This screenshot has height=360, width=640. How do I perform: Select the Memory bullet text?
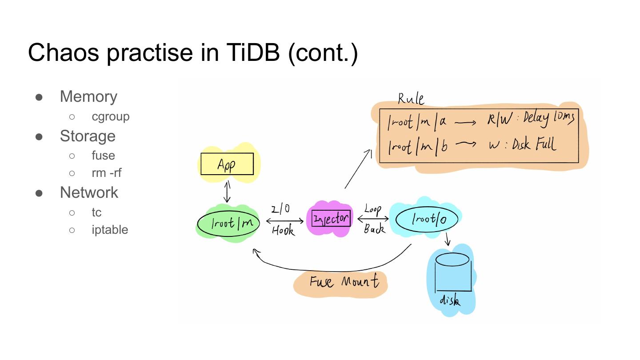pyautogui.click(x=88, y=96)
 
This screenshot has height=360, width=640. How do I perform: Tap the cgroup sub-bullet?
pyautogui.click(x=111, y=116)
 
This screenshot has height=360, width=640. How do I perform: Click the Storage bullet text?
pyautogui.click(x=88, y=136)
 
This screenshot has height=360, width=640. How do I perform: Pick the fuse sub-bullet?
pyautogui.click(x=103, y=156)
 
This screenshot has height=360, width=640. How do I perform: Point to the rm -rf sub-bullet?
pyautogui.click(x=106, y=173)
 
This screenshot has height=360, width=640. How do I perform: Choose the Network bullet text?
pyautogui.click(x=89, y=192)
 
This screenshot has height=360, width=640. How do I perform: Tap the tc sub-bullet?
pyautogui.click(x=96, y=212)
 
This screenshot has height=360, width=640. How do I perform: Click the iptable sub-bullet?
pyautogui.click(x=110, y=230)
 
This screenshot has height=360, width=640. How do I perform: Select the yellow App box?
pyautogui.click(x=227, y=164)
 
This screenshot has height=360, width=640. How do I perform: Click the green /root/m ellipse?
pyautogui.click(x=228, y=223)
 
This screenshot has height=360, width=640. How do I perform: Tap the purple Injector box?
pyautogui.click(x=331, y=219)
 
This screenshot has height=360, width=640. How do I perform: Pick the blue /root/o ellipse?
pyautogui.click(x=427, y=219)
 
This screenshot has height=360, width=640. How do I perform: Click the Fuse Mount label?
pyautogui.click(x=344, y=281)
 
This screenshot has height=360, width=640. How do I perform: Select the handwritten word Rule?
pyautogui.click(x=411, y=99)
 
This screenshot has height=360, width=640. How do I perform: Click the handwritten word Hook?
pyautogui.click(x=283, y=231)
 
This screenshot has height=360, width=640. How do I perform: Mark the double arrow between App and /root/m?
pyautogui.click(x=227, y=192)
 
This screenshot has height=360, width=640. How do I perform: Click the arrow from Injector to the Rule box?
pyautogui.click(x=358, y=169)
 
